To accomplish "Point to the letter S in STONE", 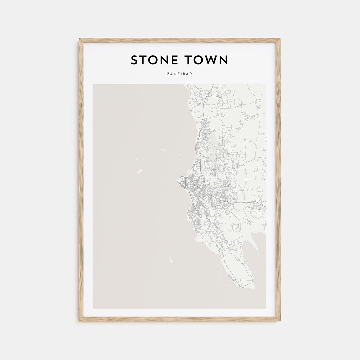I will (134, 60).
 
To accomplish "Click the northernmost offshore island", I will (163, 150).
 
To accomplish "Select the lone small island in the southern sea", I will (171, 260).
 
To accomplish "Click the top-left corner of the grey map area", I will (93, 85).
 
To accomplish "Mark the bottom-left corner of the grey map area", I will (93, 308).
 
